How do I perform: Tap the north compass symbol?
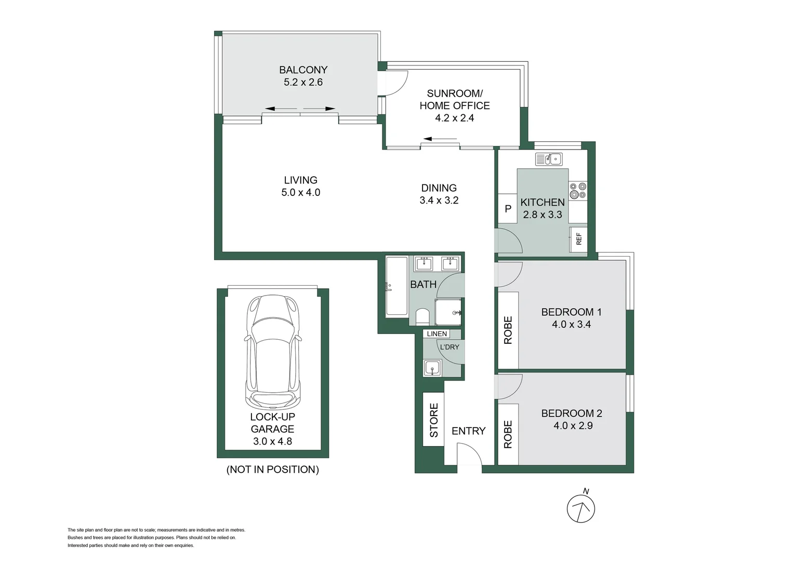click(581, 509)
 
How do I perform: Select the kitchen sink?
click(549, 158)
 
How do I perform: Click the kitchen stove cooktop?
click(577, 191)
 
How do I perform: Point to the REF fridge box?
click(578, 239)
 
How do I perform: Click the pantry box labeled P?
click(508, 209)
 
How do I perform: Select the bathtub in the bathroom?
click(396, 286)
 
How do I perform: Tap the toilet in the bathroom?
click(422, 317)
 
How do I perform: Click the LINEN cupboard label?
click(436, 333)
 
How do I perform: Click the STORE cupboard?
click(433, 420)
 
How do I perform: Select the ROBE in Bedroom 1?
click(508, 330)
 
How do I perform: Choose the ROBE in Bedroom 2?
click(508, 434)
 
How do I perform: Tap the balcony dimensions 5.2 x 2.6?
click(303, 82)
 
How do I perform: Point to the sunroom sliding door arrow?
click(440, 139)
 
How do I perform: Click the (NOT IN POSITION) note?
click(272, 470)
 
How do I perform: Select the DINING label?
click(439, 188)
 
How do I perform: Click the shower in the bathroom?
click(447, 312)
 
